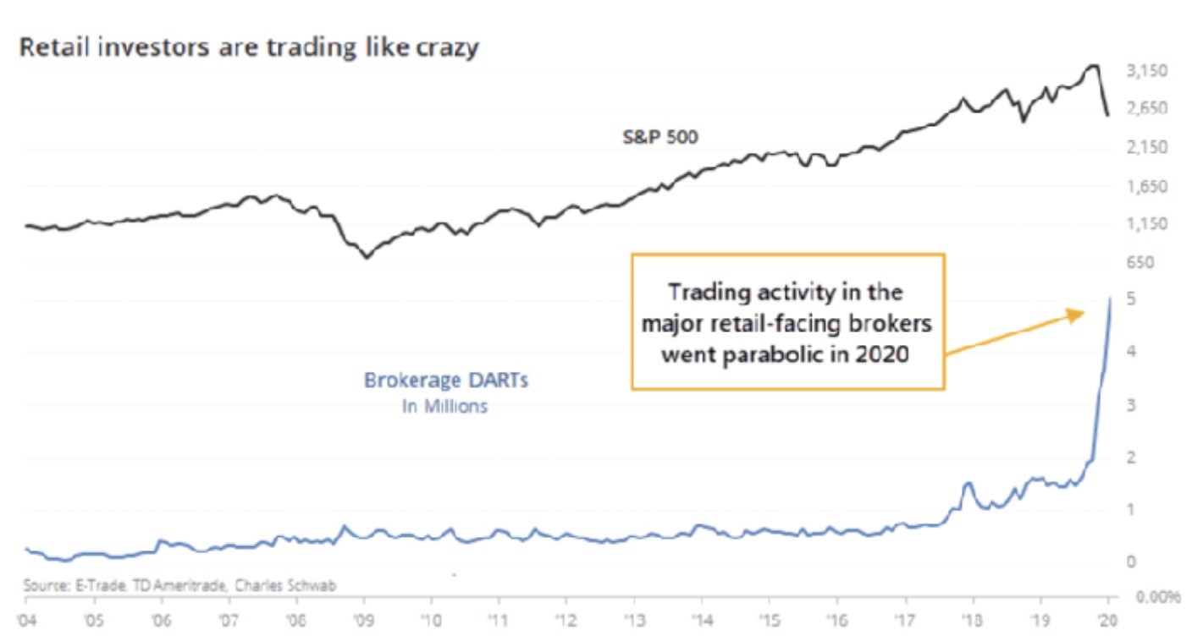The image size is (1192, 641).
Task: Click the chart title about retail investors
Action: (x=249, y=47)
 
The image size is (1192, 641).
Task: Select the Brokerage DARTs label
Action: (x=446, y=381)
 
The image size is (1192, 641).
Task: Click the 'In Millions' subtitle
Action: (x=444, y=407)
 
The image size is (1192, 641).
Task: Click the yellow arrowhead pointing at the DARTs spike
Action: (x=1078, y=314)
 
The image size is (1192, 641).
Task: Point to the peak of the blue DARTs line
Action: (x=1110, y=299)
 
